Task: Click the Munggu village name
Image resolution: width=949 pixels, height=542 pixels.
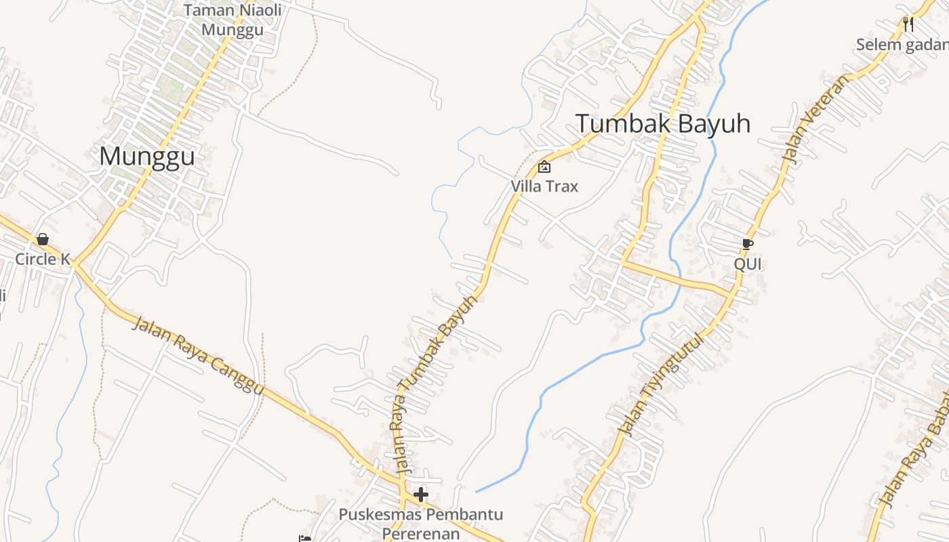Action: click(x=147, y=157)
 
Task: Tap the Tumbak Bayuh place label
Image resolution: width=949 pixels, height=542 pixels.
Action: click(x=663, y=124)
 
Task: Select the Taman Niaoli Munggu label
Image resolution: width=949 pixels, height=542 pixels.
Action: click(x=233, y=20)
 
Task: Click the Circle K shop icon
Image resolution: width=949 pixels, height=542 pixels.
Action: click(x=43, y=239)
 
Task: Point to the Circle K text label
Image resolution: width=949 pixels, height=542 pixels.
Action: click(x=43, y=259)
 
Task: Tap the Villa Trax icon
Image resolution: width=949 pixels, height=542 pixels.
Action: click(x=544, y=167)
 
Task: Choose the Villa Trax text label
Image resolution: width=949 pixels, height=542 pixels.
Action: click(x=544, y=186)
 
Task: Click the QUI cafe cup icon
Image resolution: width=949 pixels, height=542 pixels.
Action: click(x=748, y=244)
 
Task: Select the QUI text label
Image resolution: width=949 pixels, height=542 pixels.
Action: click(x=748, y=264)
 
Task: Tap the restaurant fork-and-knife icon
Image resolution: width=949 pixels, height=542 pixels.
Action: click(x=908, y=24)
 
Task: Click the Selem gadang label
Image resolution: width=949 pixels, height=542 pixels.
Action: click(x=902, y=45)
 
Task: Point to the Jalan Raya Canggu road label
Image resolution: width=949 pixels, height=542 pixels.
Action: click(x=197, y=355)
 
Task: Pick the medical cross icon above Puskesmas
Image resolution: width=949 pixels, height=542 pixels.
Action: click(x=421, y=495)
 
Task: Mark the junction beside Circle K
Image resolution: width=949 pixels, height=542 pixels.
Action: click(x=74, y=263)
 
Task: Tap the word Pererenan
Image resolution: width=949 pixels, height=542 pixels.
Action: click(x=421, y=533)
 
